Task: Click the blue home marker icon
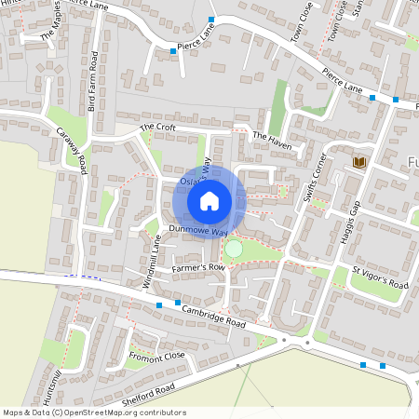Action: click(x=209, y=200)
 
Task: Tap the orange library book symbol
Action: click(x=359, y=163)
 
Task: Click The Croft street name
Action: click(x=157, y=127)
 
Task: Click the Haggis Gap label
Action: click(x=352, y=216)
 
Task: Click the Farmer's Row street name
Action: click(x=198, y=268)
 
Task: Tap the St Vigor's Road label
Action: click(x=380, y=278)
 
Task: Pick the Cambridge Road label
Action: click(x=213, y=316)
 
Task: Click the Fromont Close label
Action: click(x=157, y=357)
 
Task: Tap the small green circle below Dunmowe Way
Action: click(x=234, y=249)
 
